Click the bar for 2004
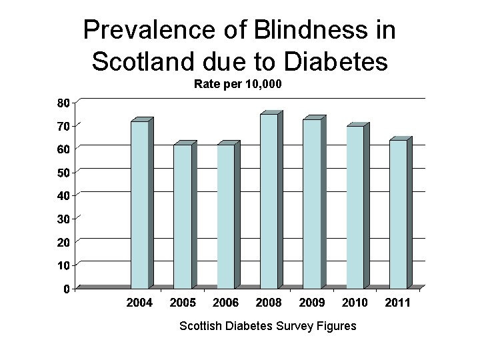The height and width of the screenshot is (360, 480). pos(139,205)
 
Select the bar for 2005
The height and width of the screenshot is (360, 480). pos(182,217)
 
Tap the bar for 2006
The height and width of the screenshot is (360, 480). pos(225,217)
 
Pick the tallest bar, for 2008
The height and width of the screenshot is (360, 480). pos(269,201)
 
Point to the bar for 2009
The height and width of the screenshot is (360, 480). pos(311,203)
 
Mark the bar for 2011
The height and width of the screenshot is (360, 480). pos(398,214)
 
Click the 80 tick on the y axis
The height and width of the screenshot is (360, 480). pos(61,103)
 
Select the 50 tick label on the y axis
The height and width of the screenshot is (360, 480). pos(61,172)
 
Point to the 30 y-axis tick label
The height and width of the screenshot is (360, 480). pos(61,218)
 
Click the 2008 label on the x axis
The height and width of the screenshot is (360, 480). pos(268,303)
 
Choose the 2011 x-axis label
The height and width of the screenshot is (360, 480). pos(397,303)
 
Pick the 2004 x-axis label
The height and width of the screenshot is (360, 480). pos(139,303)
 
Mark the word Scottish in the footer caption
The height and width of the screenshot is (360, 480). pos(203,326)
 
